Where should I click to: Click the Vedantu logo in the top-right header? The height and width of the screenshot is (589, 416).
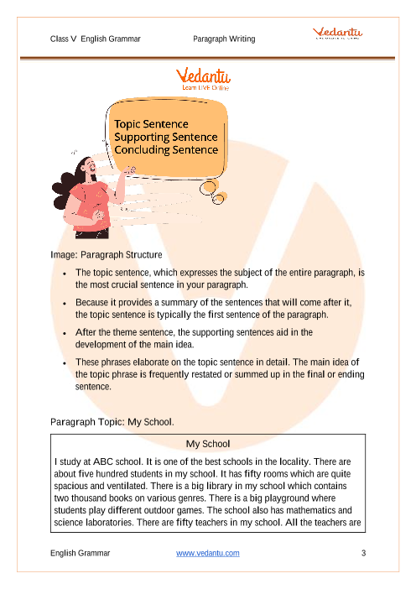[x=339, y=34]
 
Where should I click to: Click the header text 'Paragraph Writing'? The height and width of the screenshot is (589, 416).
[x=224, y=39]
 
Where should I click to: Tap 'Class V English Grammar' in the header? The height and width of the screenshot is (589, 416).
[x=95, y=39]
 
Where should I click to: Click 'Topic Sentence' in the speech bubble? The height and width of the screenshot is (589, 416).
[x=152, y=124]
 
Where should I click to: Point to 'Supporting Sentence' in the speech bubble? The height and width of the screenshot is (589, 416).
[x=166, y=137]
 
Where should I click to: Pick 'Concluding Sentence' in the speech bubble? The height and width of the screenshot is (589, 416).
[x=166, y=150]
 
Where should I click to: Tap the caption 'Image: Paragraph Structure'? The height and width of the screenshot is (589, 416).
[x=107, y=254]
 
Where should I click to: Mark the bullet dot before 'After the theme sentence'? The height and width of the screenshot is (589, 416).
[x=65, y=333]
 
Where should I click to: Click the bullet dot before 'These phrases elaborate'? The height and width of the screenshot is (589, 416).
[x=65, y=363]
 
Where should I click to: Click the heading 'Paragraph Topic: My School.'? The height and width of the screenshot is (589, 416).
[x=112, y=421]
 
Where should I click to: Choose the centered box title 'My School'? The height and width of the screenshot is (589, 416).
[x=207, y=443]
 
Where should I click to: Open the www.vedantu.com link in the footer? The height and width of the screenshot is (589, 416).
[x=208, y=553]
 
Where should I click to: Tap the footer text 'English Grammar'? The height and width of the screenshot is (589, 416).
[x=80, y=553]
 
